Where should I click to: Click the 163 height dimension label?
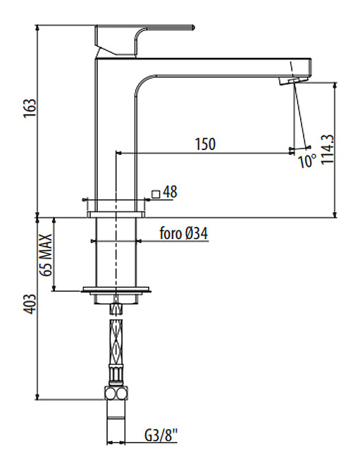[x=30, y=108]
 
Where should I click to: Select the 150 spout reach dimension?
[x=205, y=144]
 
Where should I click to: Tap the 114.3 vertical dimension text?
[x=328, y=149]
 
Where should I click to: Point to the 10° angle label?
[x=307, y=161]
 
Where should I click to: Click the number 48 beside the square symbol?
[x=170, y=192]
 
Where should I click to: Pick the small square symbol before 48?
[x=156, y=194]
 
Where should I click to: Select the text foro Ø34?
[x=184, y=233]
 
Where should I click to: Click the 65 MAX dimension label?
[x=46, y=255]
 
